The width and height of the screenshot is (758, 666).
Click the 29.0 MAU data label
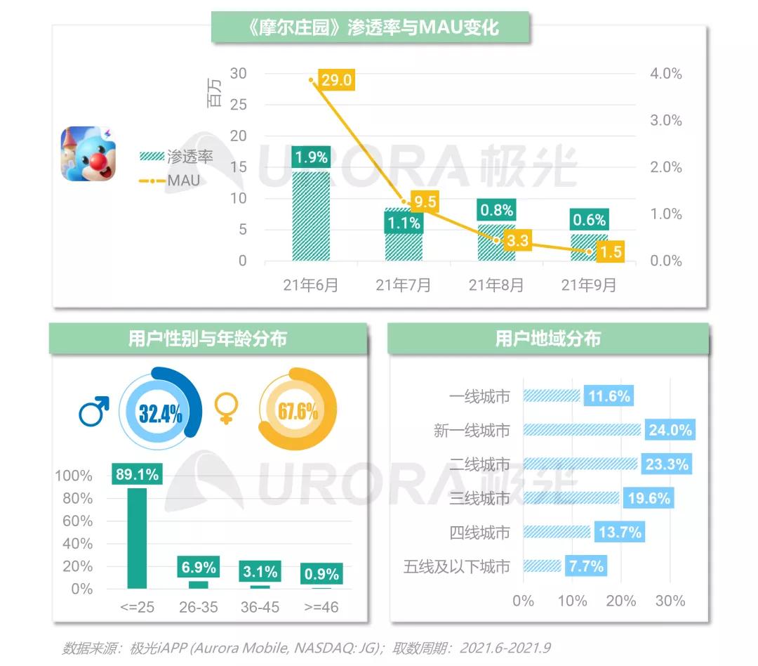coord(336,79)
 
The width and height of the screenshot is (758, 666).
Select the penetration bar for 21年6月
coord(311,214)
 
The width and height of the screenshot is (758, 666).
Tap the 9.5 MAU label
coord(425,202)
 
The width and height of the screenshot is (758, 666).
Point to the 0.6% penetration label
coord(589,219)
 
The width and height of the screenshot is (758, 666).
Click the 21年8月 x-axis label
coord(496,285)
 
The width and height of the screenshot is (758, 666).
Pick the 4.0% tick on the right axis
coord(664,74)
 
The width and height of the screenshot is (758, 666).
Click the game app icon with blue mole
coord(88,154)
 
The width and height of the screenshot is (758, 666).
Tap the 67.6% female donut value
coord(298,411)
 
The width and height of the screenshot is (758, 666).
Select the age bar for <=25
coord(137,537)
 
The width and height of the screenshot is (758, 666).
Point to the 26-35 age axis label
coord(199,607)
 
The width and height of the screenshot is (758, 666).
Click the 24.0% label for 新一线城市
coord(670,430)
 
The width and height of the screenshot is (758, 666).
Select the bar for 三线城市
coord(571,498)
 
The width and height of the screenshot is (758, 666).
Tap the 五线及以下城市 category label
coord(456,566)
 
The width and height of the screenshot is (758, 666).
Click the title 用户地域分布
coord(548,339)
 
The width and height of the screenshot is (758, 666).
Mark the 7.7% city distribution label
coord(585,566)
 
